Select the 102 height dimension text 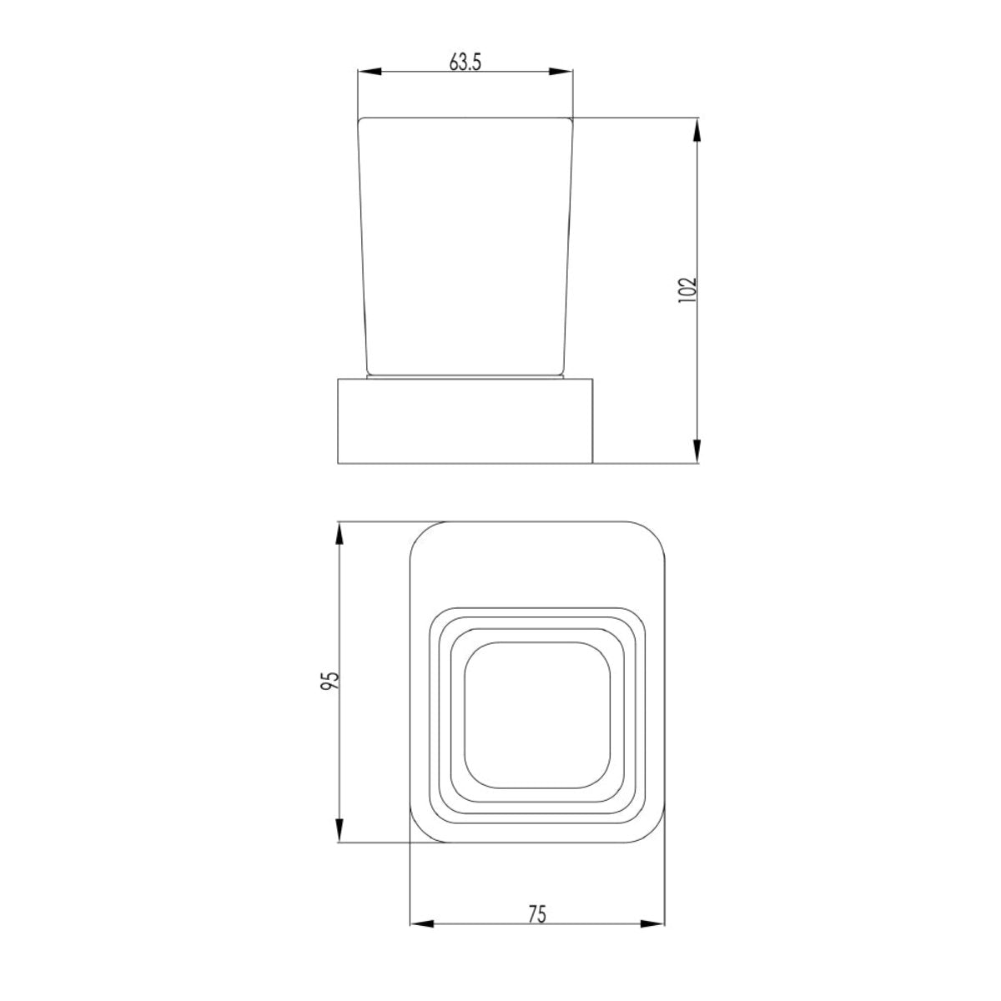pos(687,289)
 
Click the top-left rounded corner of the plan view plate pos(422,535)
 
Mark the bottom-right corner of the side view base pos(591,461)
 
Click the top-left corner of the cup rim pos(360,120)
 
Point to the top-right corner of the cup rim pos(572,120)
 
